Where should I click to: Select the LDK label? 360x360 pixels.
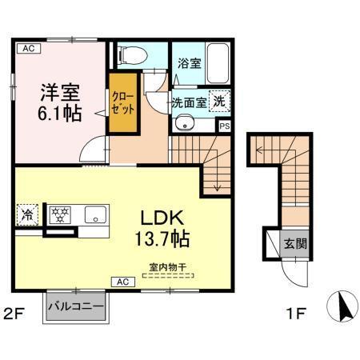pyautogui.click(x=163, y=217)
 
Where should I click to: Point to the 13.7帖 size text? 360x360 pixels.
pyautogui.click(x=163, y=237)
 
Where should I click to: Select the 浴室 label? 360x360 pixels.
pyautogui.click(x=190, y=62)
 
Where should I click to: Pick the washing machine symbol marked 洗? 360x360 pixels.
pyautogui.click(x=218, y=102)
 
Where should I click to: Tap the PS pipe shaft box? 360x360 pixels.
pyautogui.click(x=225, y=126)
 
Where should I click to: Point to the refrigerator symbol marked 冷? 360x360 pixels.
pyautogui.click(x=27, y=214)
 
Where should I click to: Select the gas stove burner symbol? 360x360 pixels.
pyautogui.click(x=59, y=214)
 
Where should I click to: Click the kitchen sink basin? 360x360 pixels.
pyautogui.click(x=95, y=214)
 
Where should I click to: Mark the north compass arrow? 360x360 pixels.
pyautogui.click(x=341, y=306)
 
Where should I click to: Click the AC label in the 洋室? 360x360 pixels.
pyautogui.click(x=27, y=50)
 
